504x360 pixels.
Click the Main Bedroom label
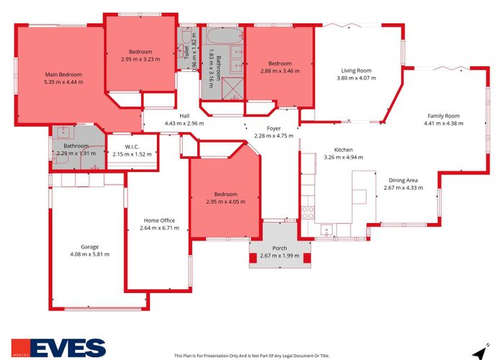(x=63, y=75)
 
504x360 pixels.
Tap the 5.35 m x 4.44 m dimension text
(x=63, y=82)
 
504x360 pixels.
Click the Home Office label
(x=159, y=220)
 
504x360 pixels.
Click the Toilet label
(x=186, y=52)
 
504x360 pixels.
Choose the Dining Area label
(x=402, y=181)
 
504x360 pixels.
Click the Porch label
(x=279, y=248)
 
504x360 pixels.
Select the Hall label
(x=185, y=116)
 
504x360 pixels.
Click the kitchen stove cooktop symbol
(x=307, y=212)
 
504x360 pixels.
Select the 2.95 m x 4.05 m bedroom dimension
(x=225, y=202)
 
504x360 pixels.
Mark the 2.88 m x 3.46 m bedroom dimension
(x=280, y=71)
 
